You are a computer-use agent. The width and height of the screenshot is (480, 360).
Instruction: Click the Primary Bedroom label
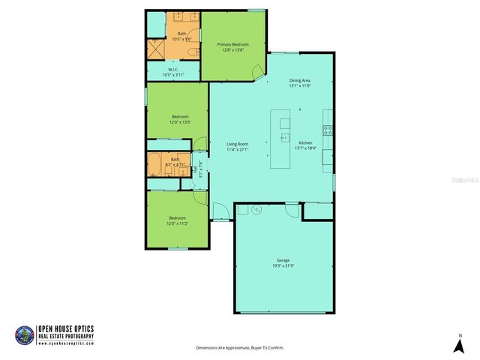[233, 45]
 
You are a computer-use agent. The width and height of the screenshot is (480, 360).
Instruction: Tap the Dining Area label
[299, 81]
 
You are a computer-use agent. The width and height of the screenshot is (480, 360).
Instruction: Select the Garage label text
[283, 260]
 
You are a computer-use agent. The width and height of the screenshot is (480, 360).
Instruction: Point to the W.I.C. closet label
[172, 70]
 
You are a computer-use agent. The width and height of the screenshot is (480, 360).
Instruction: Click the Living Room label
[238, 144]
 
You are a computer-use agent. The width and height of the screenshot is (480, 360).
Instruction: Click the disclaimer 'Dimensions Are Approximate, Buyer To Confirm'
[240, 348]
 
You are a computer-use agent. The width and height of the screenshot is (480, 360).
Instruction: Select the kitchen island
[284, 138]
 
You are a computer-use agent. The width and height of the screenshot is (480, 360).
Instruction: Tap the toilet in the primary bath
[193, 50]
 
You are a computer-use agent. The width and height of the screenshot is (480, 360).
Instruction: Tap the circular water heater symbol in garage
[256, 211]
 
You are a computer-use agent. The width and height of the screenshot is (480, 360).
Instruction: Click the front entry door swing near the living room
[219, 211]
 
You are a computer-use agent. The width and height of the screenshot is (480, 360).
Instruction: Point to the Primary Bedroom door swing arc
[257, 71]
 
